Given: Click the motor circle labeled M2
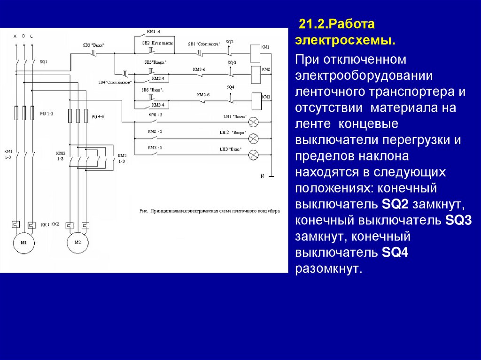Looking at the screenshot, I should click(x=78, y=242).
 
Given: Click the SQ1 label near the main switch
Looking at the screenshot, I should click(x=43, y=61).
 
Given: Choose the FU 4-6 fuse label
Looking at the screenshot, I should click(x=98, y=116).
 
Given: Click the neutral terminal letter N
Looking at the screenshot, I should click(x=263, y=176).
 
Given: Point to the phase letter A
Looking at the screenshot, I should click(x=15, y=36).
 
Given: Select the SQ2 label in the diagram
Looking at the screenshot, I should click(x=229, y=42).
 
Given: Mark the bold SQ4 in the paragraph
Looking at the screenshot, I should click(x=395, y=253).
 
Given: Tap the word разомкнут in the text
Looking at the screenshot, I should click(x=329, y=269).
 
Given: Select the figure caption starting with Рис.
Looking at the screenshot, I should click(x=209, y=211).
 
